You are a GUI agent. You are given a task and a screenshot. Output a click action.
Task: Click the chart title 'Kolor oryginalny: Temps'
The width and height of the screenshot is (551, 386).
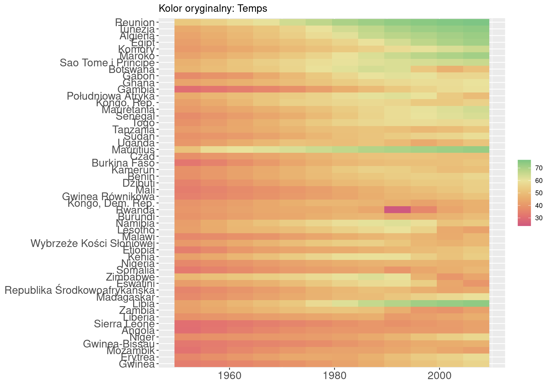click(213, 9)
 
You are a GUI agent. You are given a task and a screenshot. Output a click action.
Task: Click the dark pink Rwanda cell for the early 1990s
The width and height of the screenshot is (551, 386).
click(397, 210)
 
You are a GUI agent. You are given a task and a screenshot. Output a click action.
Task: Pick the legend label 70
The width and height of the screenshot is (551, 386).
click(539, 168)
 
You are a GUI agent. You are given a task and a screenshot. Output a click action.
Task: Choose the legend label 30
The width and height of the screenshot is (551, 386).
click(539, 218)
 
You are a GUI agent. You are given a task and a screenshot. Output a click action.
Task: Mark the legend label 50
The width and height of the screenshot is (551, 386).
click(539, 193)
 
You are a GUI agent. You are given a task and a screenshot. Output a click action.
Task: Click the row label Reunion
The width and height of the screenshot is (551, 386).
click(135, 22)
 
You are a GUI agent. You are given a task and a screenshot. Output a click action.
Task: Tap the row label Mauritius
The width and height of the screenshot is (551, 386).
click(133, 150)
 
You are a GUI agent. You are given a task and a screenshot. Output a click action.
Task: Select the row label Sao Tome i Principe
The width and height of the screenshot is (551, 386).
click(107, 63)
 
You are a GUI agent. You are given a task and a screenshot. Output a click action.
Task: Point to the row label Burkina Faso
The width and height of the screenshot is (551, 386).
click(123, 163)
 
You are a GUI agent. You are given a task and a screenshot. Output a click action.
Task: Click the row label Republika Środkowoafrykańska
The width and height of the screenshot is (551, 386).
click(80, 290)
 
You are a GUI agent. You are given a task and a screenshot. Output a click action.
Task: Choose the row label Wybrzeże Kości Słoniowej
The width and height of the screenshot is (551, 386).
click(93, 244)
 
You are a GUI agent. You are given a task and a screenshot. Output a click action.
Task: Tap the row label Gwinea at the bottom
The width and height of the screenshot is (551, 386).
click(137, 364)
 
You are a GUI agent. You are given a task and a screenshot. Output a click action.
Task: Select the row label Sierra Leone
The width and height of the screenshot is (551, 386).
click(124, 324)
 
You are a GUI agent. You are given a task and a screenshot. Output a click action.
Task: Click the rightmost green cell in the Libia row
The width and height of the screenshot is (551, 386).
click(476, 304)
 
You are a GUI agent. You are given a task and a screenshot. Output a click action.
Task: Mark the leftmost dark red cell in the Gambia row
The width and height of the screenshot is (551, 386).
click(187, 89)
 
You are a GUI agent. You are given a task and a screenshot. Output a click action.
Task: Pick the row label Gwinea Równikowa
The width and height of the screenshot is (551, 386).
click(108, 197)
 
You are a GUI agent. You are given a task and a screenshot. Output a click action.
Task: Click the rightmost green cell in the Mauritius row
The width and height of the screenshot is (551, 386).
click(476, 150)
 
